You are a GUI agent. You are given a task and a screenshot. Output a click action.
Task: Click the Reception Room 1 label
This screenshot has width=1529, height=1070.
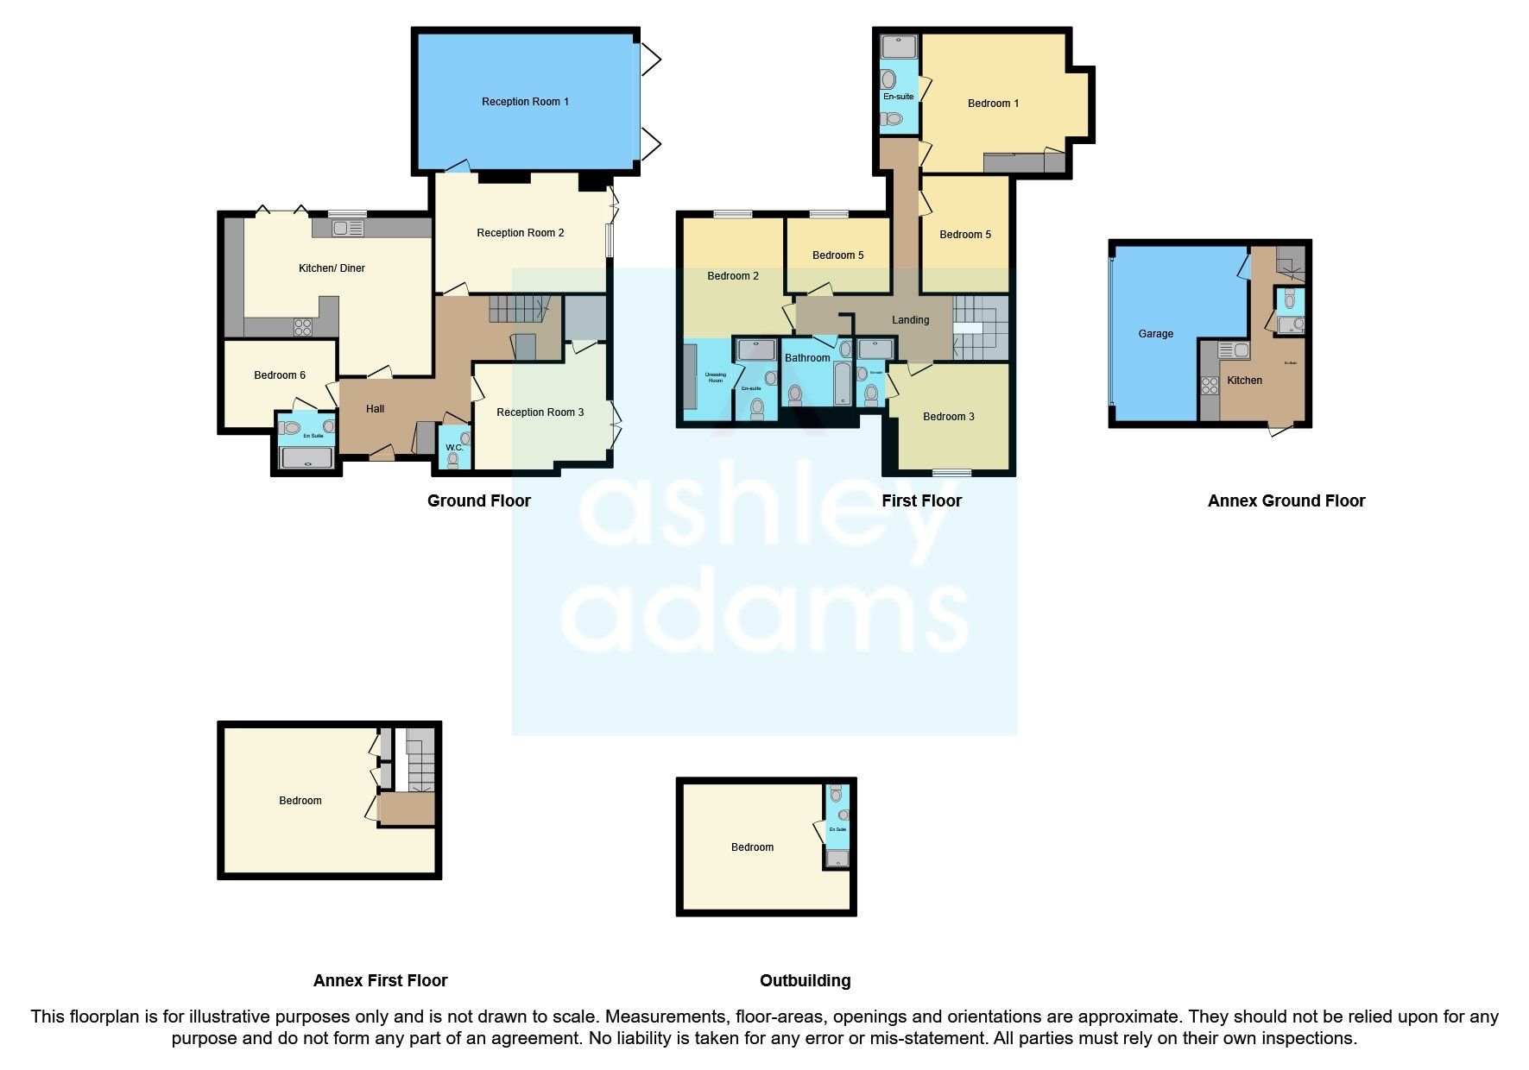click(525, 102)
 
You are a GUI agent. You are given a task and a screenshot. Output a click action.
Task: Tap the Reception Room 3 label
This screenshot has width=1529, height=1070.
click(540, 412)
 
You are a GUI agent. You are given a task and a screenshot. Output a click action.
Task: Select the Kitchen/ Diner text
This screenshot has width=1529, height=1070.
click(332, 268)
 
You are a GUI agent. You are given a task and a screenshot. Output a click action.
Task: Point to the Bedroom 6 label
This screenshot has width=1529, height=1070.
click(280, 375)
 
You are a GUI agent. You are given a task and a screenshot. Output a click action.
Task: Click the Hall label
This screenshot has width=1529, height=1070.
click(375, 409)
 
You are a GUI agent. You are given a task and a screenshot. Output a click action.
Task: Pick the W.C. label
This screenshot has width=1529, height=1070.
click(454, 448)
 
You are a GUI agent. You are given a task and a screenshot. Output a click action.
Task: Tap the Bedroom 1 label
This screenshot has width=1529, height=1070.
click(993, 104)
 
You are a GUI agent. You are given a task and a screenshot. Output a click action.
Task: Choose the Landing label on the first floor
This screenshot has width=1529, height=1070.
click(910, 320)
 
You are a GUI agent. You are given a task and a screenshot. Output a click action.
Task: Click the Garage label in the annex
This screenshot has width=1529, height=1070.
click(1155, 334)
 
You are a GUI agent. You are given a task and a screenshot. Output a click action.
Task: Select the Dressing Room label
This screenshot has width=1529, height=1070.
click(716, 378)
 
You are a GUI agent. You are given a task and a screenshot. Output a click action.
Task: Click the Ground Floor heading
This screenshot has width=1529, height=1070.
click(478, 500)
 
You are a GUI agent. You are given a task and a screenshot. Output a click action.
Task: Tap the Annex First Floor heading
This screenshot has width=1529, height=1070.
click(380, 980)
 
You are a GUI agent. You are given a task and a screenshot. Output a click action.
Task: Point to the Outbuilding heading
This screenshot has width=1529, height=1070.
click(805, 980)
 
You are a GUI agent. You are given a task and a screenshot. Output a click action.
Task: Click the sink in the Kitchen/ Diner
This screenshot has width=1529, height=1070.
click(348, 229)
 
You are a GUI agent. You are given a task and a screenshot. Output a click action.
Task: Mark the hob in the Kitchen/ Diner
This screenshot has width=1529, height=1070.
click(302, 327)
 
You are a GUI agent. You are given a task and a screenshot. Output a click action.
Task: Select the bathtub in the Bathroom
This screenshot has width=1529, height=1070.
click(843, 384)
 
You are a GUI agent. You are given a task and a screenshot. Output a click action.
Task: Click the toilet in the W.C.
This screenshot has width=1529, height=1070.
click(453, 460)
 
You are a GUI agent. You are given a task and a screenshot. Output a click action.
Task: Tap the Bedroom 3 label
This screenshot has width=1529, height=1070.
click(948, 417)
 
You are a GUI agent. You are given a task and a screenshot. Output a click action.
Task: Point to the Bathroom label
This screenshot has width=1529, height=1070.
click(807, 358)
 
